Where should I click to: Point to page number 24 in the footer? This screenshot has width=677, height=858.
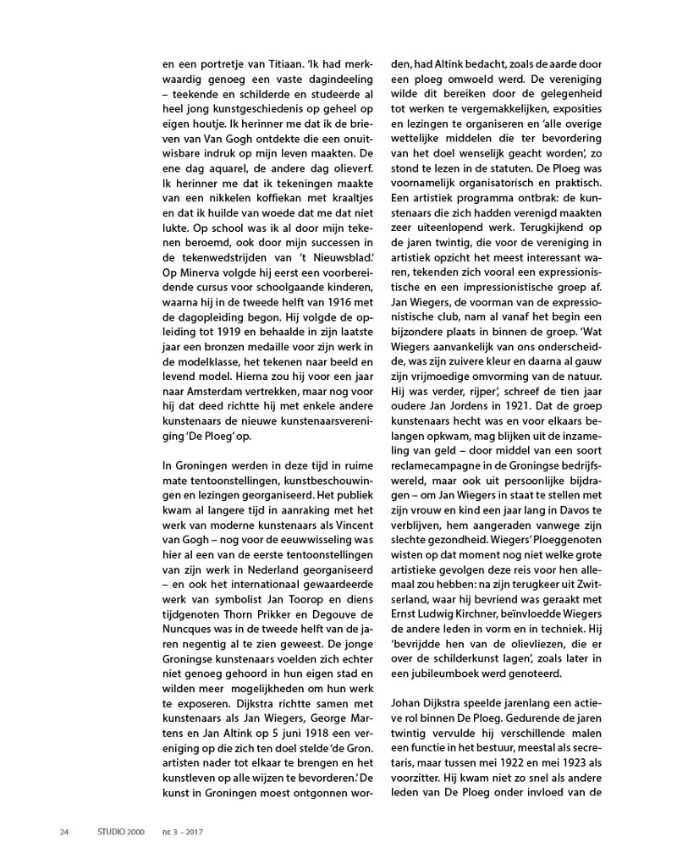[64, 830]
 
